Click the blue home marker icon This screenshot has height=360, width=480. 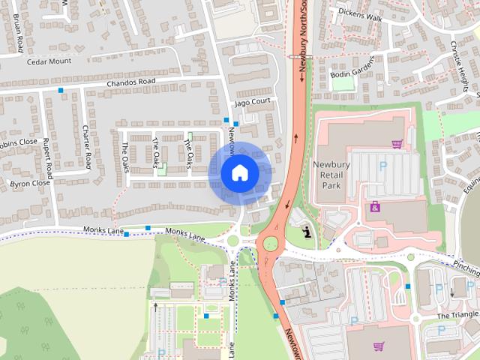[240, 173]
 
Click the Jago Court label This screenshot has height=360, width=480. [251, 100]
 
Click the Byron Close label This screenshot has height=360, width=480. [30, 182]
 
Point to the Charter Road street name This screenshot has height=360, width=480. [87, 145]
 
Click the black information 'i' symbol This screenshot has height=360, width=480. [307, 233]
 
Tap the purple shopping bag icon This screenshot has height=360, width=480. [374, 206]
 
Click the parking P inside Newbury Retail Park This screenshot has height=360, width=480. [385, 166]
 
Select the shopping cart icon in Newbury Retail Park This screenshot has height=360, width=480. [397, 143]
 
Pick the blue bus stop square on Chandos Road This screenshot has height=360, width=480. [61, 90]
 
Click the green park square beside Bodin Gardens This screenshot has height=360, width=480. [343, 84]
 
